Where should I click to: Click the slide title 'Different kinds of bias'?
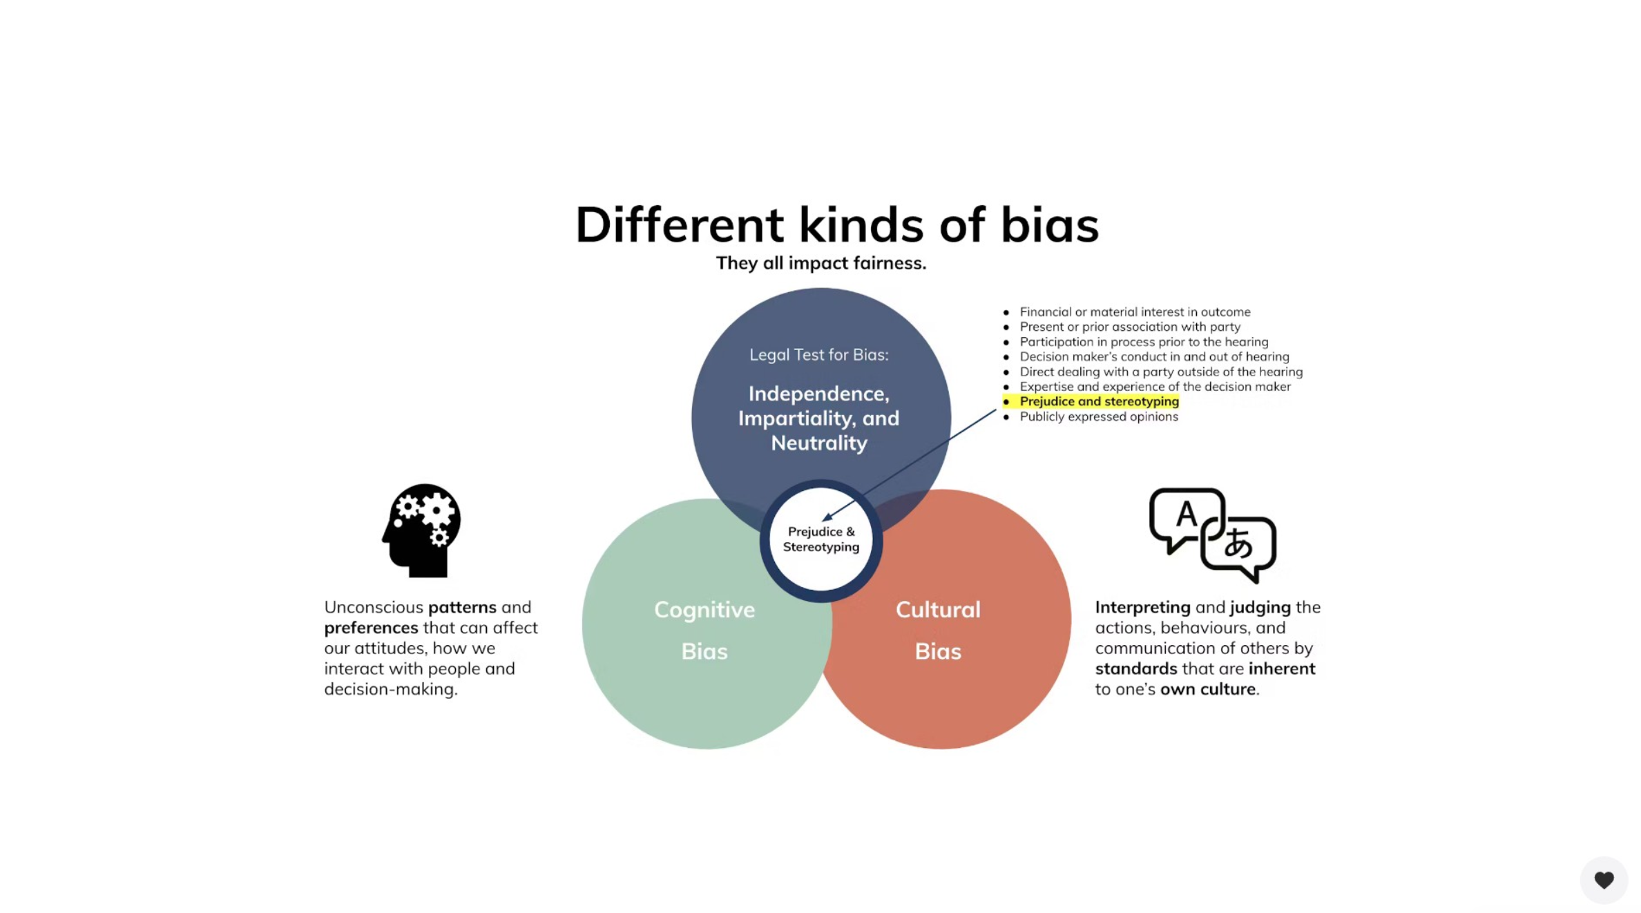point(836,224)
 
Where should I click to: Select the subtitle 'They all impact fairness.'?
point(820,263)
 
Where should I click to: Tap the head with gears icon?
point(421,530)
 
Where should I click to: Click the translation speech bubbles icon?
point(1212,535)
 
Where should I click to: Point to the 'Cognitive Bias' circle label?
point(704,630)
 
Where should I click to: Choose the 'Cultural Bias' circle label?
point(937,630)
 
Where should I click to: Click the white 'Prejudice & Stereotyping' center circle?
point(820,539)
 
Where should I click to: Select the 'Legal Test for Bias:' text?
point(818,355)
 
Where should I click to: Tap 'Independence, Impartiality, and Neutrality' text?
point(818,418)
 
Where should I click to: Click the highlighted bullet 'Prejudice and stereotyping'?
point(1099,401)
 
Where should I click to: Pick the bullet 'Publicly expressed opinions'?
point(1098,416)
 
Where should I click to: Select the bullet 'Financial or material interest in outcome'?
point(1135,312)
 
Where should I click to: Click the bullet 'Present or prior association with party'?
point(1129,327)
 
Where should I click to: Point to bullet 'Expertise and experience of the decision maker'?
point(1155,387)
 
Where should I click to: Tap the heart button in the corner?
point(1603,879)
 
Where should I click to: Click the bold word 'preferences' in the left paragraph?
point(371,628)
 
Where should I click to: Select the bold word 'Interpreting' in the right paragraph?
point(1142,607)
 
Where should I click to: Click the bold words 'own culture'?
point(1207,689)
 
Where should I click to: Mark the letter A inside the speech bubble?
point(1186,514)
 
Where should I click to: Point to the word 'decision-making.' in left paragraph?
point(390,689)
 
